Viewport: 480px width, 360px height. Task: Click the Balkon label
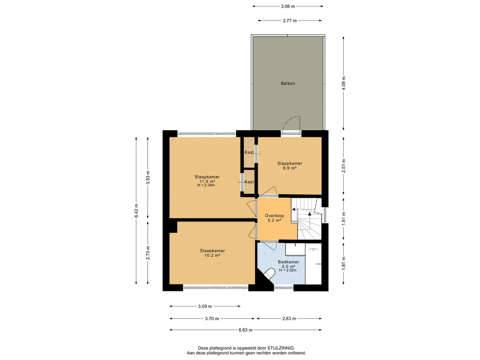[288, 83]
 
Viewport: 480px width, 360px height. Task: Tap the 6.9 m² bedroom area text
[290, 168]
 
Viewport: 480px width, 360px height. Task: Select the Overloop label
[274, 216]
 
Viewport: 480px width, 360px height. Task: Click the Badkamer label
[288, 262]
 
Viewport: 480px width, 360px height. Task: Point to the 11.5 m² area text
[207, 181]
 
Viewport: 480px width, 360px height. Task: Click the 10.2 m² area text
[212, 255]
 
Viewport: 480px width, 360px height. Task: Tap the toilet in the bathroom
[270, 273]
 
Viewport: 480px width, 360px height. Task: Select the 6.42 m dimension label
[136, 210]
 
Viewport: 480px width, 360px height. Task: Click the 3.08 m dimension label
[288, 6]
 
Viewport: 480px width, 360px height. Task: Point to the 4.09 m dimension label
[344, 83]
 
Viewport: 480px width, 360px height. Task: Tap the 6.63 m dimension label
[246, 330]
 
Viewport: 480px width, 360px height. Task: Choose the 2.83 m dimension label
[289, 318]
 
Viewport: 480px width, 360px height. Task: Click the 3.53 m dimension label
[148, 177]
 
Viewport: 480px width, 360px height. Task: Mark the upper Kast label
[249, 152]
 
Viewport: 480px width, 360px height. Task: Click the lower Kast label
[249, 181]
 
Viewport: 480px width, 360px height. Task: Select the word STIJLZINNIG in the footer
[281, 348]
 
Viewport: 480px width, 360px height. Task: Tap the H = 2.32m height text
[288, 270]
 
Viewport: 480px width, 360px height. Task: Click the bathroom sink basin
[295, 249]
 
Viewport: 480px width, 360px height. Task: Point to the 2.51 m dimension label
[344, 165]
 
